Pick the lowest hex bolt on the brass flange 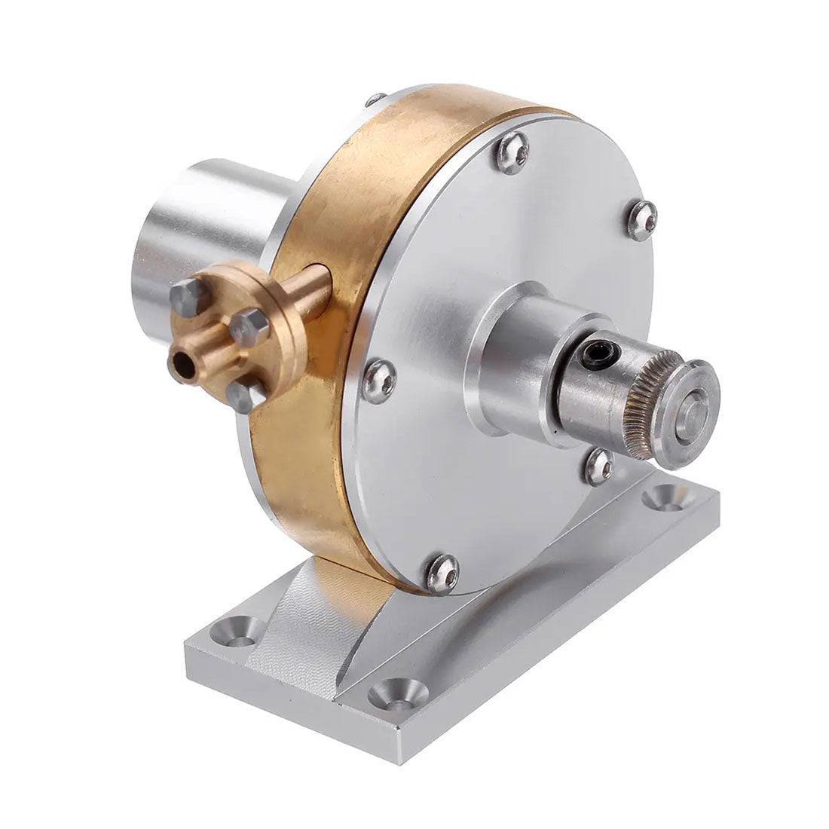(x=245, y=395)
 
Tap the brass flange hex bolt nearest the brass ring (x=246, y=326)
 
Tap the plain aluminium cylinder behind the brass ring (x=219, y=226)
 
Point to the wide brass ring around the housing (x=354, y=226)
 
